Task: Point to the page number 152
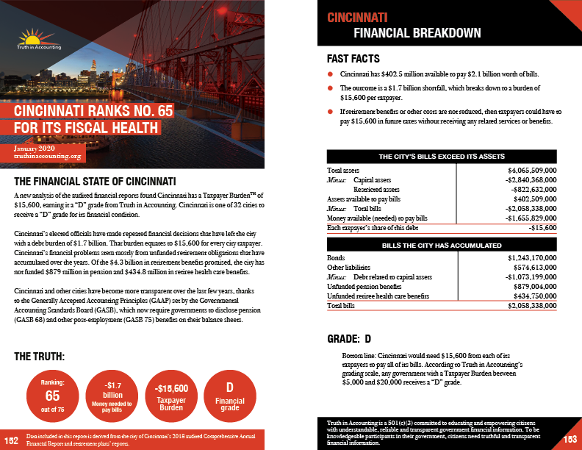10,440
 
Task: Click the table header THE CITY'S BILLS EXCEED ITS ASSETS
441,157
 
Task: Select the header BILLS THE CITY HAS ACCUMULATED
441,245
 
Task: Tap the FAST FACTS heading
353,58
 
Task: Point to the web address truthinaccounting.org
49,156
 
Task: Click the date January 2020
35,149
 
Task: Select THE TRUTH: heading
40,357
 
